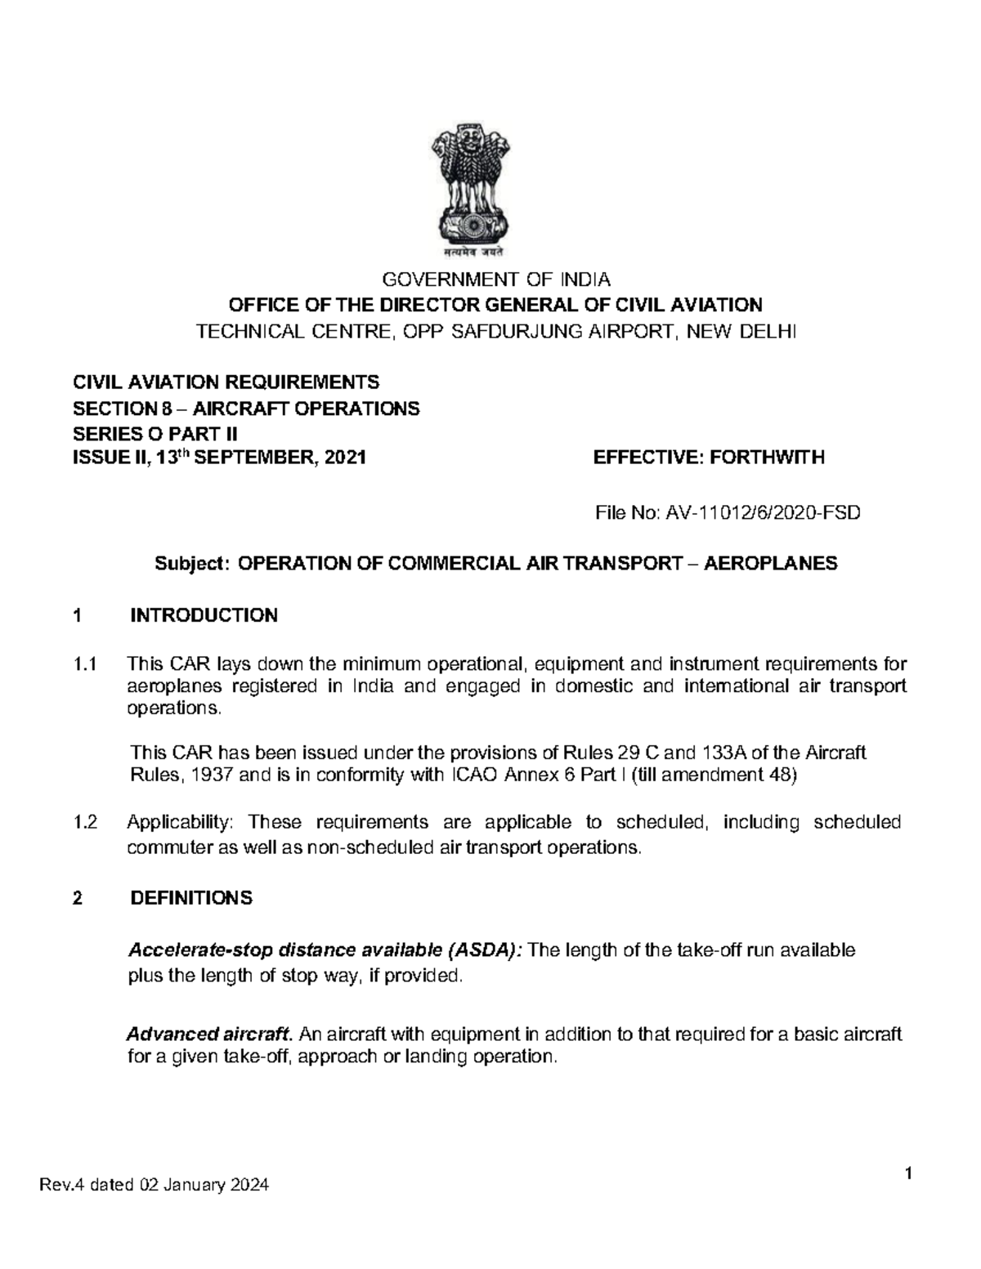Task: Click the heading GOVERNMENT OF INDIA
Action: pyautogui.click(x=497, y=280)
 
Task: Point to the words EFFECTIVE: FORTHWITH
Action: pyautogui.click(x=709, y=457)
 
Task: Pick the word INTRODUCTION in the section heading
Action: pyautogui.click(x=204, y=615)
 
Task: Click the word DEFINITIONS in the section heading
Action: pyautogui.click(x=191, y=898)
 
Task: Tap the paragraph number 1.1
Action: pyautogui.click(x=84, y=664)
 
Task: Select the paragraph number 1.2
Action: pyautogui.click(x=84, y=822)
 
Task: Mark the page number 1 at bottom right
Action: pyautogui.click(x=907, y=1174)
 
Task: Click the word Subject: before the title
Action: pyautogui.click(x=194, y=564)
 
